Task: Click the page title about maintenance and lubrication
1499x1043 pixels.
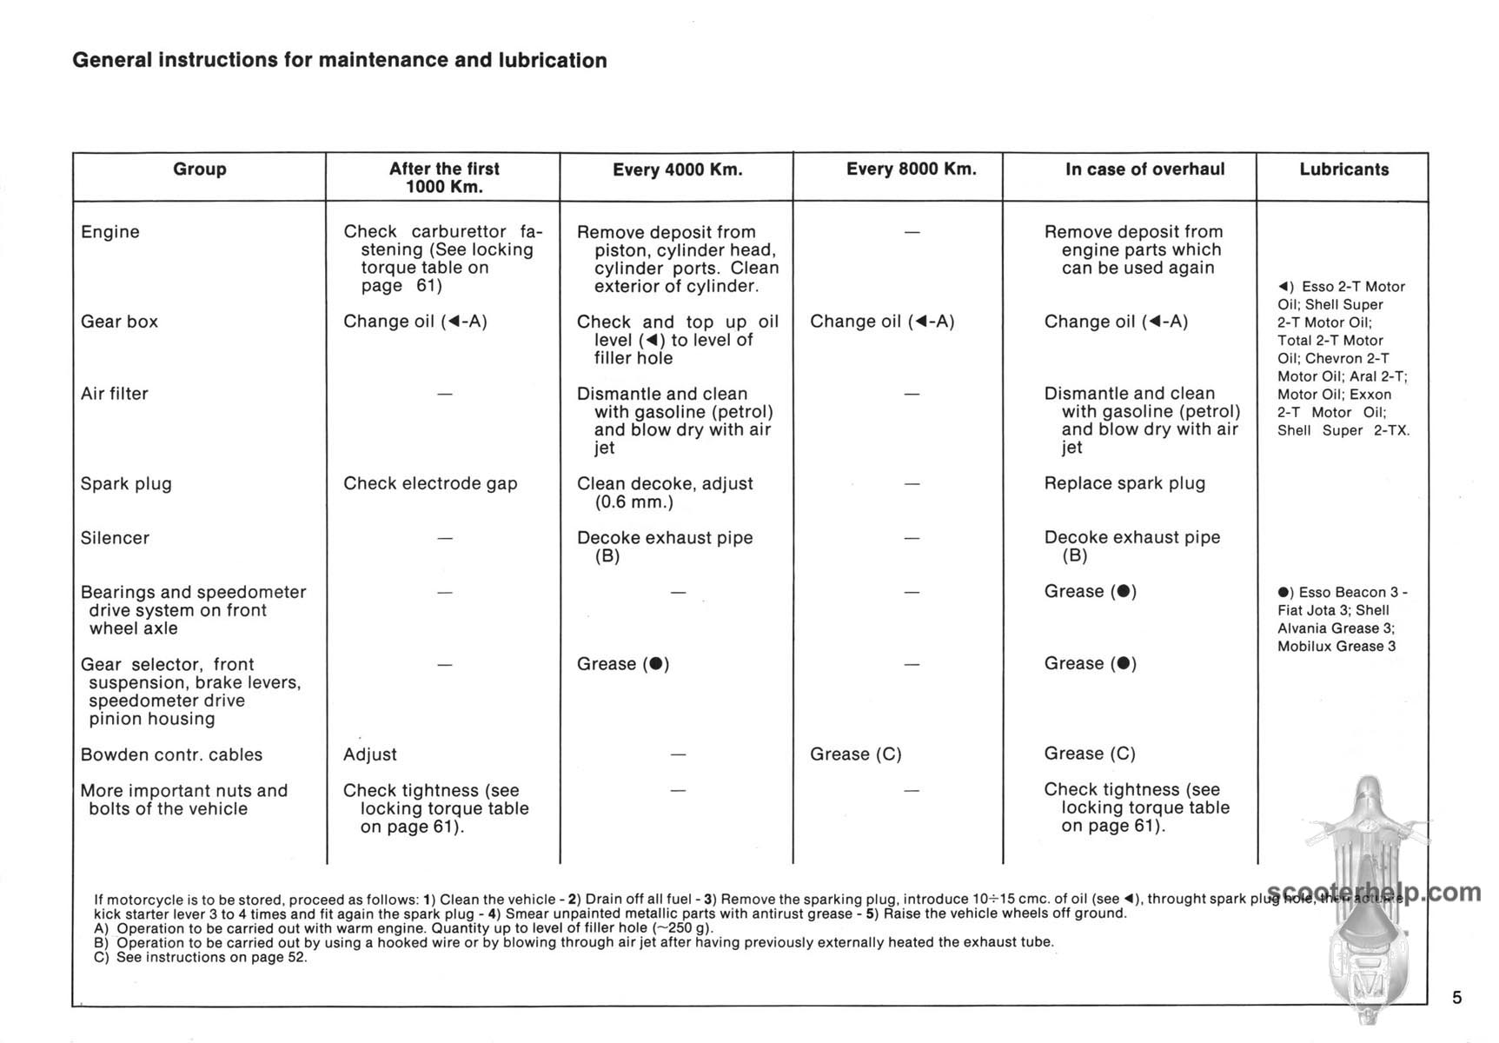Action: pos(339,60)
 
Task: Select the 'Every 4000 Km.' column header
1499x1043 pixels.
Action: pos(677,169)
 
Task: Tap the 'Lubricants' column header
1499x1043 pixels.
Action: pos(1343,169)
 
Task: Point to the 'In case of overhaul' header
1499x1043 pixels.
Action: pos(1144,169)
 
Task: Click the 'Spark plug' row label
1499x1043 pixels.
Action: pos(126,484)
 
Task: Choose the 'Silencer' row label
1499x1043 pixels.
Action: pos(115,538)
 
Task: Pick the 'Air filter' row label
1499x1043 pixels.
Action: pos(114,394)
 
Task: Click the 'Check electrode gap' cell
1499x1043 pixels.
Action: pos(430,484)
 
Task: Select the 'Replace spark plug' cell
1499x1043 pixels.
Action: pos(1124,483)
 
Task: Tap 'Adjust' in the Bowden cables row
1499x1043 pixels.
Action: pos(369,754)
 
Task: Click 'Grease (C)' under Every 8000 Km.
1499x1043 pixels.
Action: pos(855,754)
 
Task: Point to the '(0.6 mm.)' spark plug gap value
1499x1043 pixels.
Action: pos(633,502)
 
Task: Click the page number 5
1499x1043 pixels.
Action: pos(1457,997)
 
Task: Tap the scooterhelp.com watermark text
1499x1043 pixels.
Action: pos(1374,893)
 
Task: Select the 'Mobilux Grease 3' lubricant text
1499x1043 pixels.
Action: pos(1336,647)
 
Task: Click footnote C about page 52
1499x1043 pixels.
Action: pos(201,957)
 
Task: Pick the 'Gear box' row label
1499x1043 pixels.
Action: pos(119,322)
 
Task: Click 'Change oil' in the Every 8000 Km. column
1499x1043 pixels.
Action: pos(882,322)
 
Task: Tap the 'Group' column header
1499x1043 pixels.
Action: pos(199,169)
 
